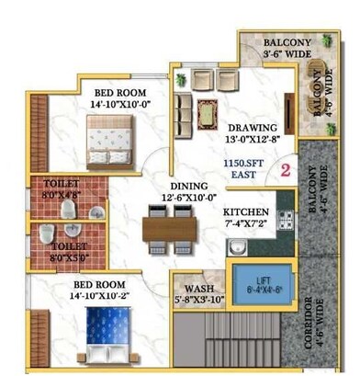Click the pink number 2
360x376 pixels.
pos(285,170)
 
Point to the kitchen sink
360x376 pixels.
pos(237,246)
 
